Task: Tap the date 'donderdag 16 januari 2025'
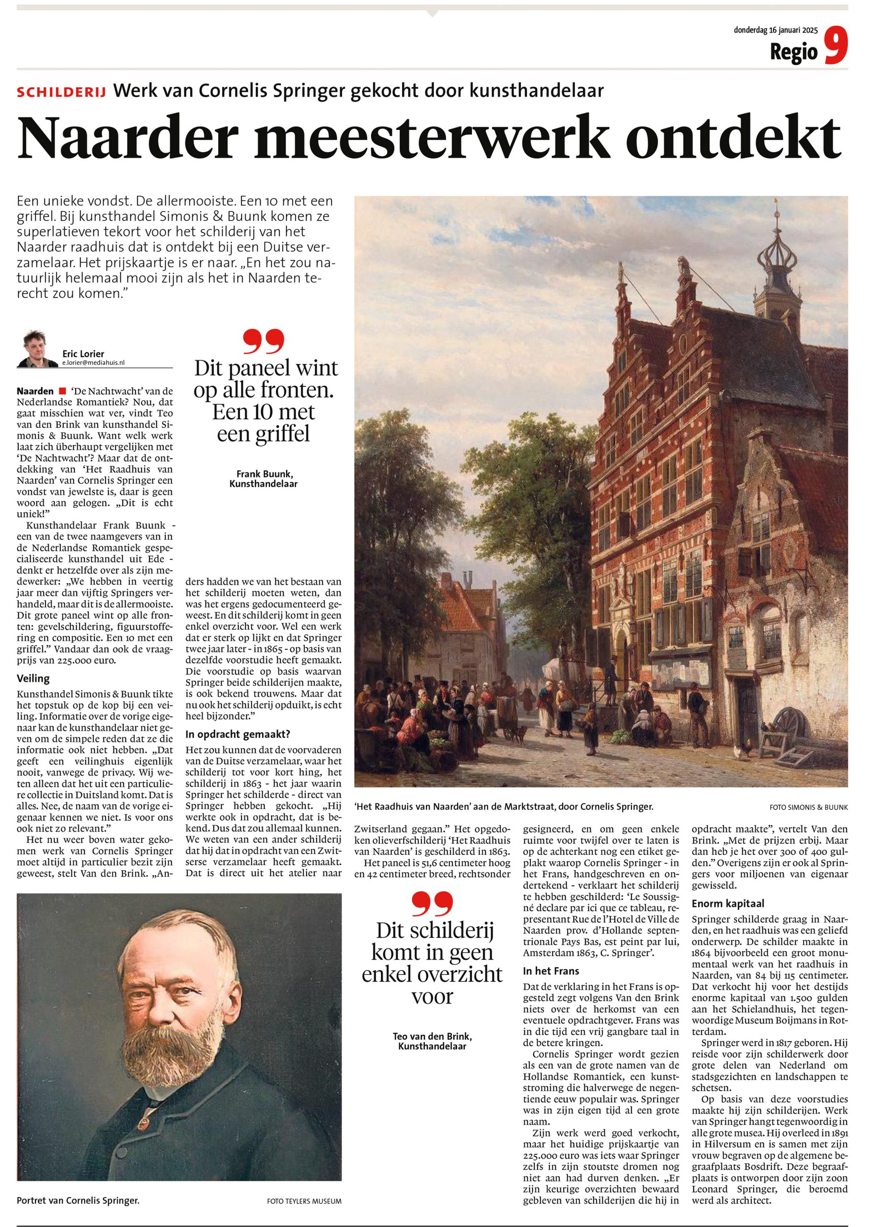pos(776,30)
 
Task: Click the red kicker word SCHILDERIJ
pos(61,92)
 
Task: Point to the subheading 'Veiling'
pos(34,679)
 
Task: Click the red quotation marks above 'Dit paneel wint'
pos(263,343)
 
